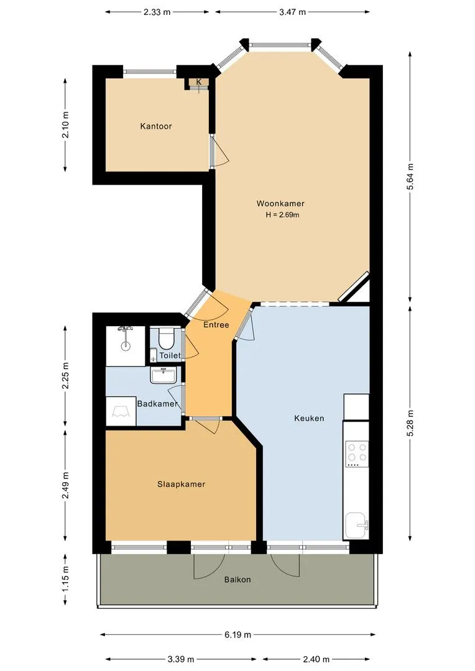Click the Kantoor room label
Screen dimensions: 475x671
click(156, 126)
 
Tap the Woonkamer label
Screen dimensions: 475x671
click(280, 204)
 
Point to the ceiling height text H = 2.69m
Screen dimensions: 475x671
click(282, 215)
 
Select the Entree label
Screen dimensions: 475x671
click(216, 325)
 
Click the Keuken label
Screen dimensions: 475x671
click(309, 418)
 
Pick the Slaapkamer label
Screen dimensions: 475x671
click(181, 485)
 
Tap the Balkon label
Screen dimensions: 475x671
click(237, 580)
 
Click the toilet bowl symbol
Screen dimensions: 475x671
click(166, 338)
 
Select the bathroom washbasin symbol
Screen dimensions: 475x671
click(163, 375)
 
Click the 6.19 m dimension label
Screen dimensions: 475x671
click(237, 634)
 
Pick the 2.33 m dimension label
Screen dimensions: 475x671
click(157, 12)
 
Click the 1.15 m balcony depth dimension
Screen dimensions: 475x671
click(65, 580)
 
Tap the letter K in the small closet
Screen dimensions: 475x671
click(199, 82)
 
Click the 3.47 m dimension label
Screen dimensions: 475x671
click(293, 12)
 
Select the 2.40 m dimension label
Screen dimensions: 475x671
click(316, 659)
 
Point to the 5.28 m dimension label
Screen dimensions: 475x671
click(410, 424)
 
